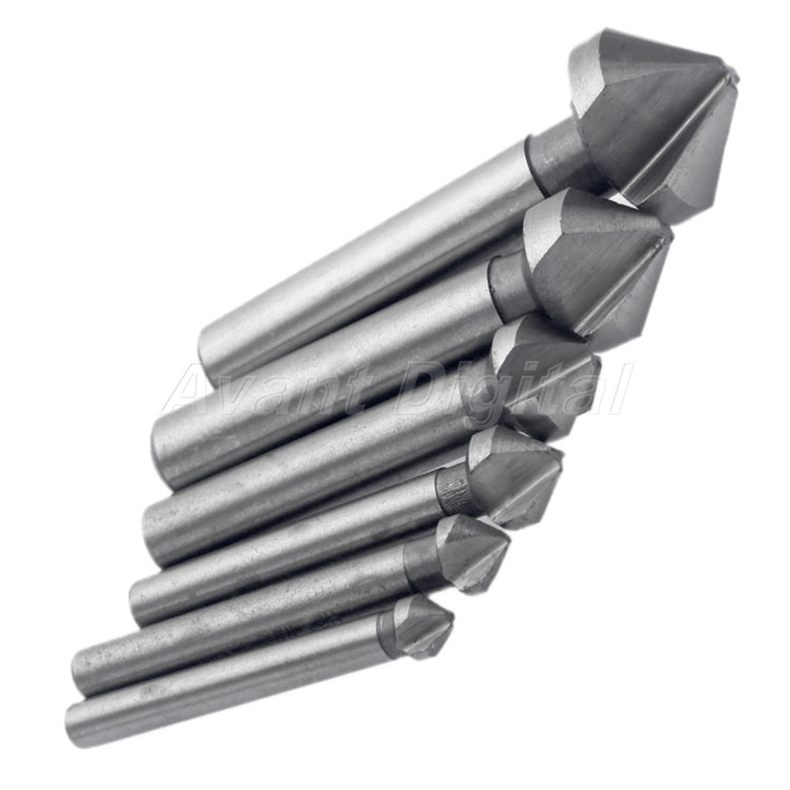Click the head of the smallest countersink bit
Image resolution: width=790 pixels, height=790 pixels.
[x=422, y=627]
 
